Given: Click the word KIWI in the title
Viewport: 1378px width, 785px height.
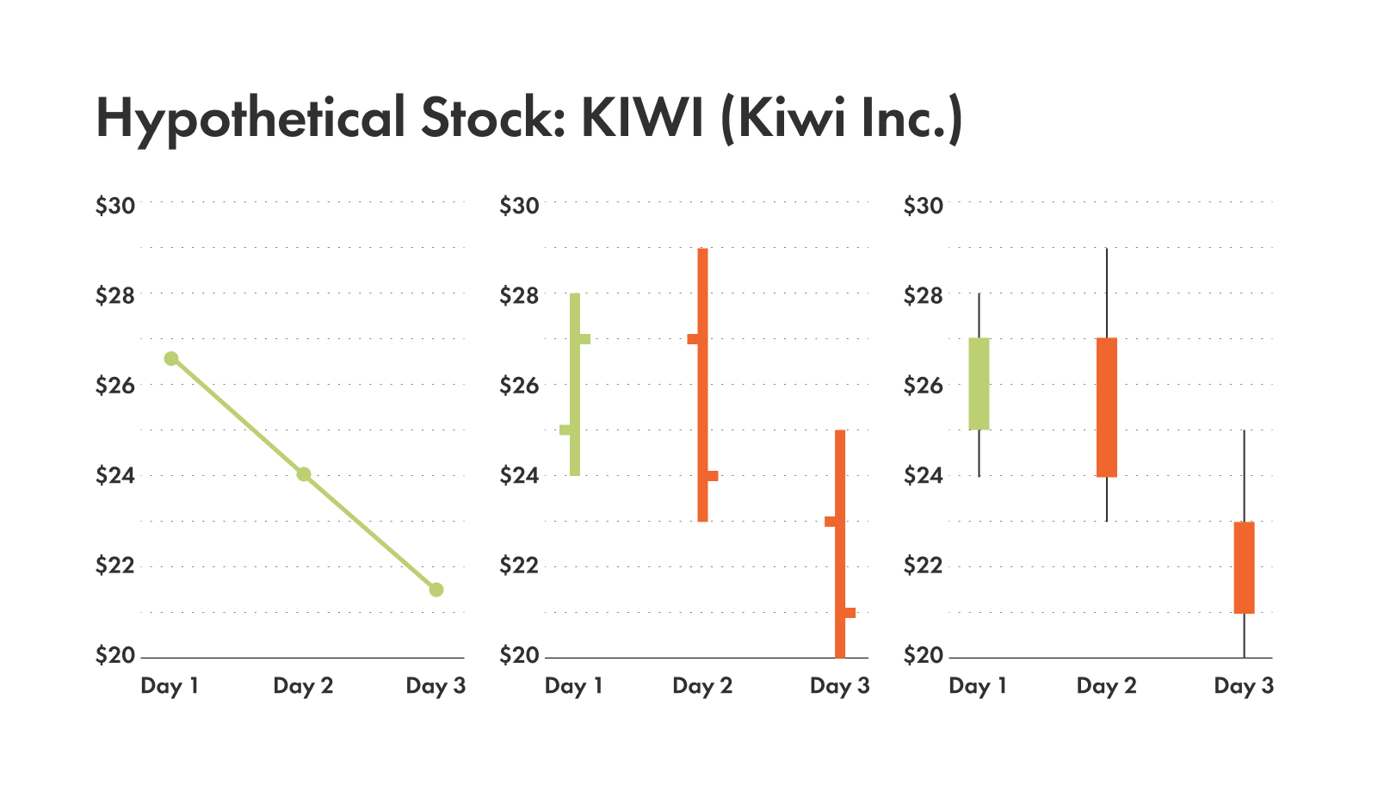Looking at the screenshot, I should point(644,118).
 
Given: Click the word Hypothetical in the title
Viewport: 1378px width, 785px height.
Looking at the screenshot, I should point(250,118).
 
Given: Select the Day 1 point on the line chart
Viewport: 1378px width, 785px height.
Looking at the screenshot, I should point(171,358).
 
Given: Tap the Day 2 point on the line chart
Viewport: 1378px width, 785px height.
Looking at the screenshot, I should point(304,474).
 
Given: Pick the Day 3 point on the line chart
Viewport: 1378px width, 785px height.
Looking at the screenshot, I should point(436,590).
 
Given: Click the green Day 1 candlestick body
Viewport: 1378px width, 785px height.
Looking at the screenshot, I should point(979,384).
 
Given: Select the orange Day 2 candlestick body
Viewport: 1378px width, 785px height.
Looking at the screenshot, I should point(1107,407).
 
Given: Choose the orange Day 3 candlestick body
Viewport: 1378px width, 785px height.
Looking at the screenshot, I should point(1244,567).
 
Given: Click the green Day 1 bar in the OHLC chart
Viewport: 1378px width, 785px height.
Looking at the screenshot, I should point(575,384).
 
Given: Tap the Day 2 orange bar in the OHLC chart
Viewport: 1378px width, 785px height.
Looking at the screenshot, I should point(703,385).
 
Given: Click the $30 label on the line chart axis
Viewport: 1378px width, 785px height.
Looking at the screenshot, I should point(115,206).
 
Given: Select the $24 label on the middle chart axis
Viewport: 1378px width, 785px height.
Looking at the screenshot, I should point(519,475).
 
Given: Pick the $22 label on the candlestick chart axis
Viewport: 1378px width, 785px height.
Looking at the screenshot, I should point(923,566).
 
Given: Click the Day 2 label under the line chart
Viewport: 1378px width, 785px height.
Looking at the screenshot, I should point(303,686).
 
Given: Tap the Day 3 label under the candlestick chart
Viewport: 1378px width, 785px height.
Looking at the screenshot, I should point(1244,686).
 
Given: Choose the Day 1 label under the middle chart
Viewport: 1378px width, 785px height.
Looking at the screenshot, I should point(574,686).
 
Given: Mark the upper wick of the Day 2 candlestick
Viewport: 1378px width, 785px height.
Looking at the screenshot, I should point(1107,293).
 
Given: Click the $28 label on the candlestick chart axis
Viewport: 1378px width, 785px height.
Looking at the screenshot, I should point(923,296).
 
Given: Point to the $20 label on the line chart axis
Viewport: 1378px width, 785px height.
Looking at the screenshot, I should point(115,656).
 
